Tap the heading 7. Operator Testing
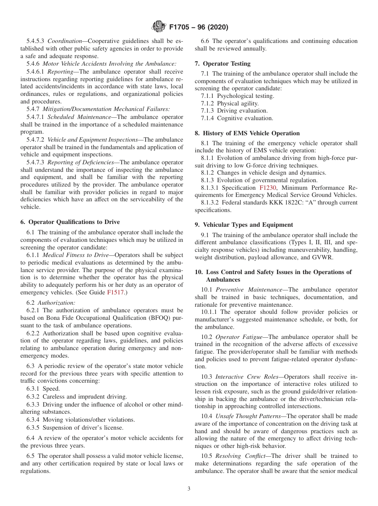pos(222,63)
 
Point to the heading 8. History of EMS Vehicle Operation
pos(247,133)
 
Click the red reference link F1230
pos(268,187)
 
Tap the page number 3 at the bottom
pos(189,488)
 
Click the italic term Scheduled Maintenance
pos(79,117)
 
